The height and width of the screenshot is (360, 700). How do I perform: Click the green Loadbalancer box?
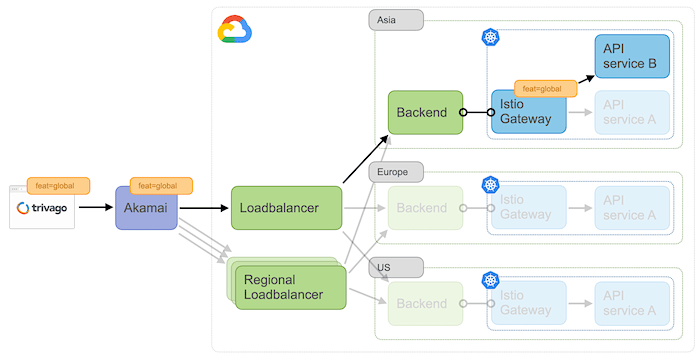pos(286,208)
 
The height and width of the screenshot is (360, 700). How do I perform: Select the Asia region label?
pos(396,19)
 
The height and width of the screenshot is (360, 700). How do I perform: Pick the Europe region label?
pos(396,172)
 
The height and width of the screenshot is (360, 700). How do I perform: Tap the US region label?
pos(396,267)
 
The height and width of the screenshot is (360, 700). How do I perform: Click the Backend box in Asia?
pos(425,113)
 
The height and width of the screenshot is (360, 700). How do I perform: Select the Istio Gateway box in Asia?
pos(527,113)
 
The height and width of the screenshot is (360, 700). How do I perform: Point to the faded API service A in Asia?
pos(631,113)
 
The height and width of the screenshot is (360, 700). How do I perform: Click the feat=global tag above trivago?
pos(58,185)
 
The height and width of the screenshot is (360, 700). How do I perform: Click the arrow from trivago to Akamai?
pos(96,208)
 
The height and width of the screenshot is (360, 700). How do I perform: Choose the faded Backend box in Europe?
pos(425,208)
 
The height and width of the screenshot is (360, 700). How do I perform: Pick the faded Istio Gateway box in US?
pos(527,303)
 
